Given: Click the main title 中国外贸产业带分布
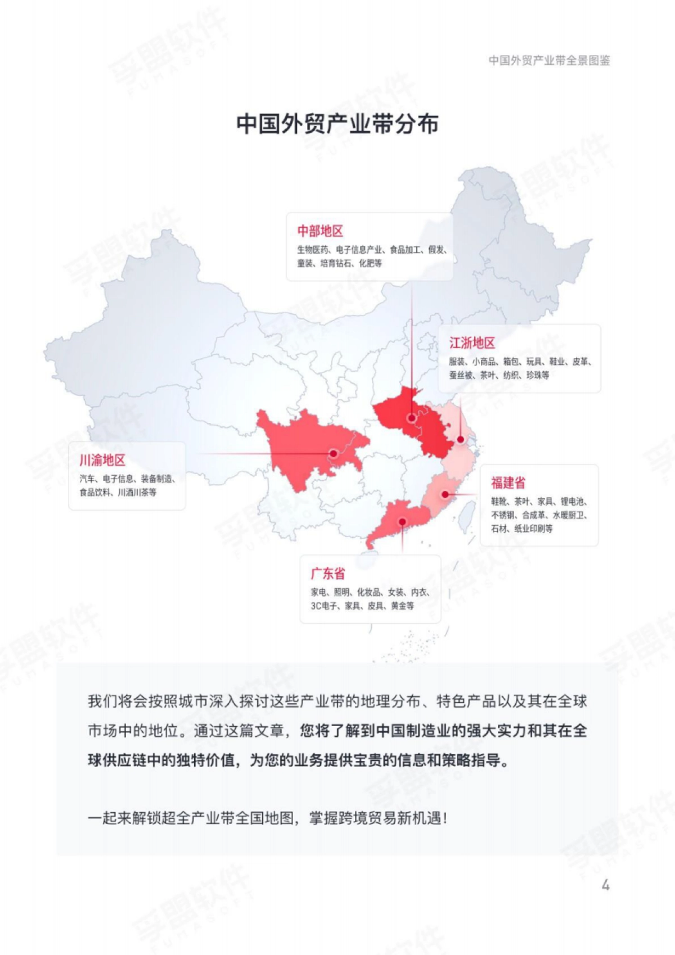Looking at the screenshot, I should [x=337, y=124].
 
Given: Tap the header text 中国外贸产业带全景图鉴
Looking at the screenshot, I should [x=549, y=61].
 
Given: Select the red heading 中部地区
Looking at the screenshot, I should [x=320, y=231].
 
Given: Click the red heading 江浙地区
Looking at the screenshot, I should [x=471, y=343].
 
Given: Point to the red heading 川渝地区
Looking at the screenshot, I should [x=102, y=460].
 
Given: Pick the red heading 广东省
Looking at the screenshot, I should [x=327, y=574].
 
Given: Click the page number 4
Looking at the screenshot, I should [x=605, y=885].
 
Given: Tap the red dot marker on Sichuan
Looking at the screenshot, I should [x=334, y=453].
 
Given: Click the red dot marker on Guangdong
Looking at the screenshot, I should [x=403, y=522].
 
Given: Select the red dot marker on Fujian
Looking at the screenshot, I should [x=445, y=494].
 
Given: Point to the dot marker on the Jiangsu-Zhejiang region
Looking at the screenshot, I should [x=461, y=440].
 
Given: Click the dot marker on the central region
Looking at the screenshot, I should [x=412, y=418].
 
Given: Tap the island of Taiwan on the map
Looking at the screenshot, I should [x=465, y=515].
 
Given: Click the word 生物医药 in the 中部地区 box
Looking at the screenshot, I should [x=313, y=250].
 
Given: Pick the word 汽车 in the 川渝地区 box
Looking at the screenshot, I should [x=87, y=479].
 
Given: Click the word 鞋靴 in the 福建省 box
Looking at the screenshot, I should [x=499, y=502].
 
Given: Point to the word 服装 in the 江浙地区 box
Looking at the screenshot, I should [x=457, y=362].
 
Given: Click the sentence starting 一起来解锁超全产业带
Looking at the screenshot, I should [x=268, y=818].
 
